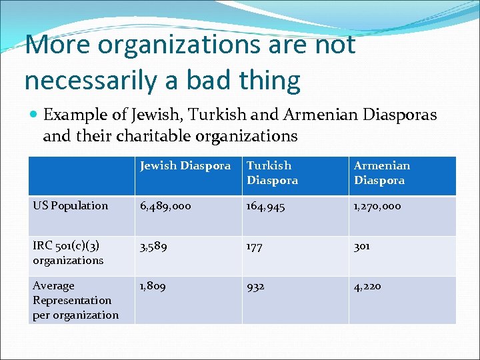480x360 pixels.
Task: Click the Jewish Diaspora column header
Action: [185, 166]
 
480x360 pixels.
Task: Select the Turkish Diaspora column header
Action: [269, 173]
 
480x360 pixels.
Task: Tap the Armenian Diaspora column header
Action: [381, 173]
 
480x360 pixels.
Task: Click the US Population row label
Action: [70, 206]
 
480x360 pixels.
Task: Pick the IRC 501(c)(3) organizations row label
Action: [68, 253]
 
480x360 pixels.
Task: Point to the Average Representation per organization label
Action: [75, 300]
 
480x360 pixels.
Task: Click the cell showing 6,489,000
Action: [165, 206]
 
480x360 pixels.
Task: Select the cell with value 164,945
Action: [266, 206]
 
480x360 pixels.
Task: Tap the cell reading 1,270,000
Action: [377, 206]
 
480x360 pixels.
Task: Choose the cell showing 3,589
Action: [153, 246]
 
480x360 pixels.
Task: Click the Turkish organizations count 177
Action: [255, 246]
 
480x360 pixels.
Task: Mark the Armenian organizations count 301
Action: [362, 246]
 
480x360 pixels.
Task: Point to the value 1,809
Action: [153, 286]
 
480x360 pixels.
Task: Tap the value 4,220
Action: [367, 286]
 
